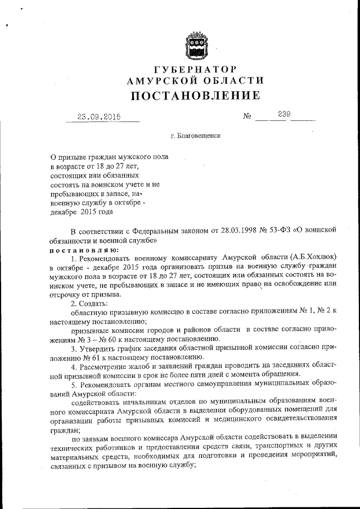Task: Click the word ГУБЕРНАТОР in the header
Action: [x=195, y=70]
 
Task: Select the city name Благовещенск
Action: [x=200, y=136]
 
